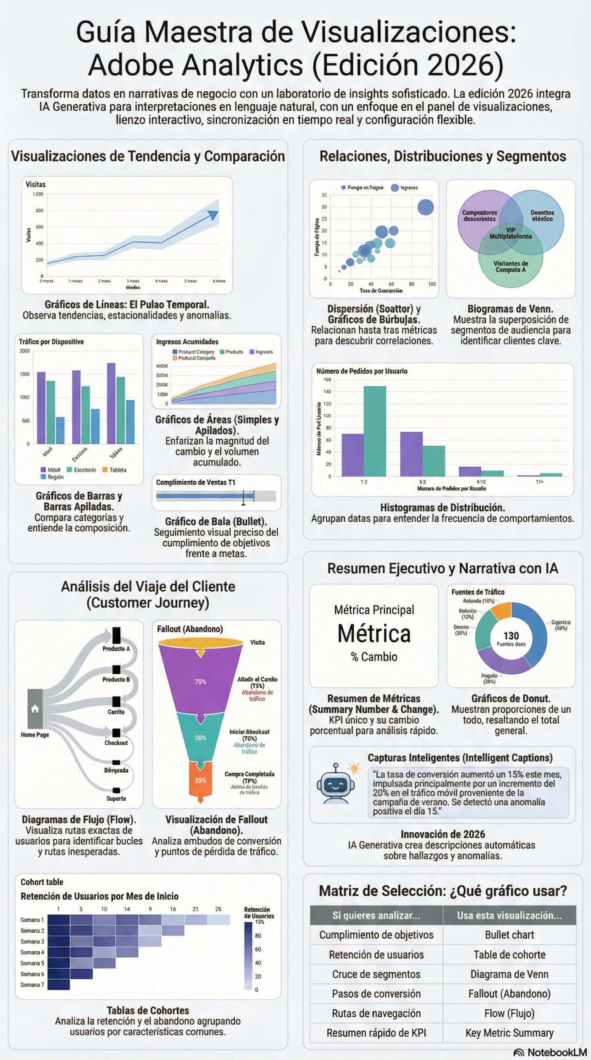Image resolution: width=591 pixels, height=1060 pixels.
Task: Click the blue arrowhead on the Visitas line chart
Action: [x=213, y=215]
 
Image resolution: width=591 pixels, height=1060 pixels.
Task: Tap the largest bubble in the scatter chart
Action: [x=425, y=207]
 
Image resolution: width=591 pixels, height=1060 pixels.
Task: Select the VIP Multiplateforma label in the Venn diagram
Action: [x=510, y=233]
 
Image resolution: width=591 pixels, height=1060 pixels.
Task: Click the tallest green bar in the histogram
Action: [x=375, y=431]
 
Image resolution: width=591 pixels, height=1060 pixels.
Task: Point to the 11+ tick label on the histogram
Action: [x=539, y=482]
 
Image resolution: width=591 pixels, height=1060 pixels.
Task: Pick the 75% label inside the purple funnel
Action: [x=200, y=682]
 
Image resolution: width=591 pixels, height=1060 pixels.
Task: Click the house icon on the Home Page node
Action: [x=35, y=708]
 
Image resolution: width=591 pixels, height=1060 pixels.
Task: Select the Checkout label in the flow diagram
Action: [x=116, y=743]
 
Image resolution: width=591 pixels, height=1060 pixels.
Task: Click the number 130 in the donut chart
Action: [x=511, y=636]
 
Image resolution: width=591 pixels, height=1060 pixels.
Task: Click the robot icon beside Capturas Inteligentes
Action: [x=335, y=784]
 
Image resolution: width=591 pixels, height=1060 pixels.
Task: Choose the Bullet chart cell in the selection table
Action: [x=509, y=935]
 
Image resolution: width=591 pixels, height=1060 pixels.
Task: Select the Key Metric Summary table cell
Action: [x=509, y=1033]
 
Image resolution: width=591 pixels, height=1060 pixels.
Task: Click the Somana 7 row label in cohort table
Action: [x=32, y=985]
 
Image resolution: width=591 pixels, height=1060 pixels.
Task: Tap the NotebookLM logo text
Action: [x=557, y=1052]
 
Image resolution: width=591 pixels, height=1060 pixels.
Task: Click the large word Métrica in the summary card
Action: [x=374, y=634]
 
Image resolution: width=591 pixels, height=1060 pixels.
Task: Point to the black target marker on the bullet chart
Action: [x=244, y=496]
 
